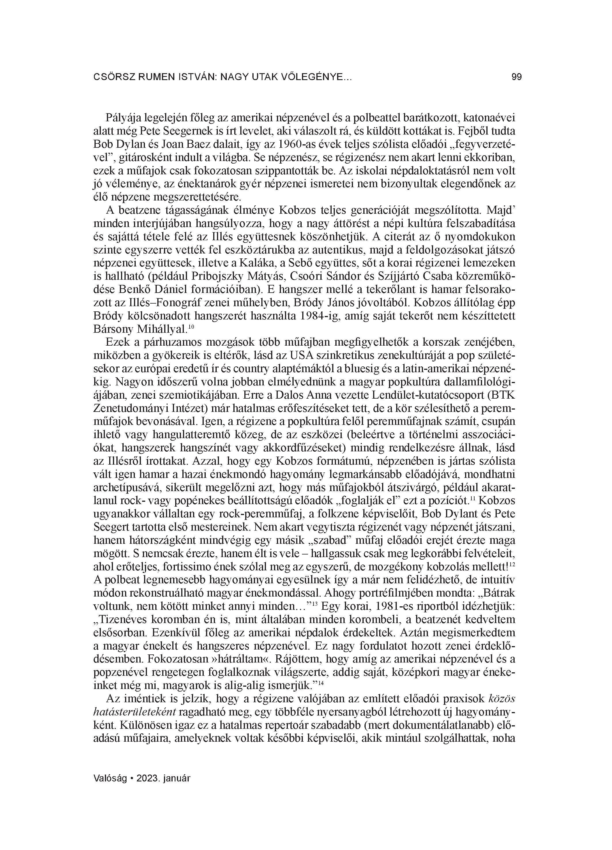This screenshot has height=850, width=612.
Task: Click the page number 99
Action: pyautogui.click(x=516, y=77)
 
